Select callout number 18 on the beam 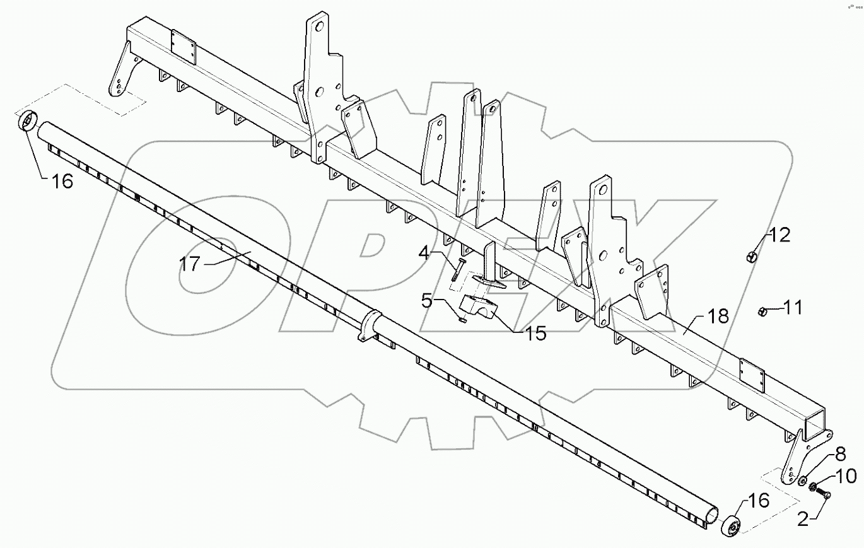(x=718, y=316)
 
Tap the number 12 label (x=779, y=236)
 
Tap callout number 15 (x=535, y=332)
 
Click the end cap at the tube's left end (x=28, y=121)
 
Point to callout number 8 (x=840, y=455)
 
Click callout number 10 (x=847, y=476)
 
